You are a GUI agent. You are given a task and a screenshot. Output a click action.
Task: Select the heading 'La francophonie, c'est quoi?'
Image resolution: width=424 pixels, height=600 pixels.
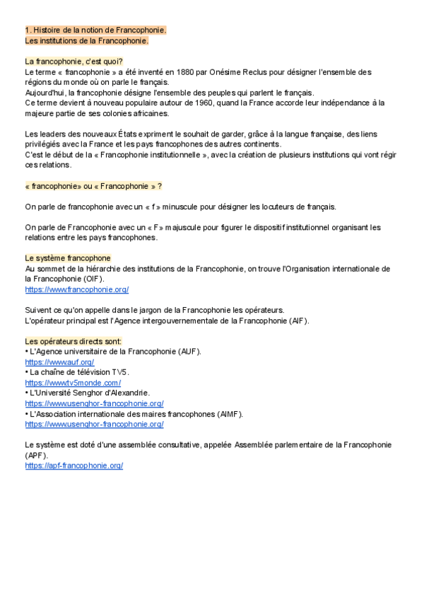click(x=73, y=62)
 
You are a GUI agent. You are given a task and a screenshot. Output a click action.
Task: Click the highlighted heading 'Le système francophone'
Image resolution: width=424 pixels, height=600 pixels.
click(x=68, y=258)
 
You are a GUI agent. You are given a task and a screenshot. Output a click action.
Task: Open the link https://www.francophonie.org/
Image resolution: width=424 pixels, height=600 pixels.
click(x=76, y=289)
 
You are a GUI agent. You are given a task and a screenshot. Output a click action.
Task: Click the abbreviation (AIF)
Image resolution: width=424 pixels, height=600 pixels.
click(x=298, y=321)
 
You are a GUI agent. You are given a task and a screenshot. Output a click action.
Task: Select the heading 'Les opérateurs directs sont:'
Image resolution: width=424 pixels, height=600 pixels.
click(x=73, y=341)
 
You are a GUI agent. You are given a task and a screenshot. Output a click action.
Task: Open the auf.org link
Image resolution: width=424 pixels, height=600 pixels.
click(x=59, y=362)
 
